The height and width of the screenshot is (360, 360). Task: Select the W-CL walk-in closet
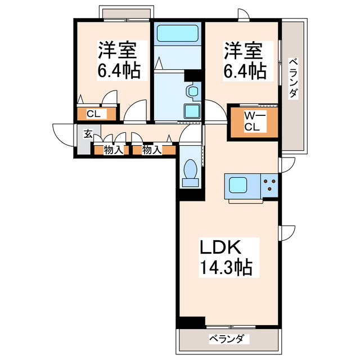[252, 122]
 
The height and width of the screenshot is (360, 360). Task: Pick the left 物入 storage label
[112, 150]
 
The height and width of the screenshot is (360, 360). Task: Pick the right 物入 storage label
[151, 150]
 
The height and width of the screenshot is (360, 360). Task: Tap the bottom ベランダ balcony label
[228, 339]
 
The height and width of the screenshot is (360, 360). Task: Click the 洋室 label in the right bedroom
[244, 51]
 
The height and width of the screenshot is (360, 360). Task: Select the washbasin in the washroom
[192, 91]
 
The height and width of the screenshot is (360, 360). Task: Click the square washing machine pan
[192, 111]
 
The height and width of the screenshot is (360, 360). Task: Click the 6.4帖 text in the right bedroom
[244, 70]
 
